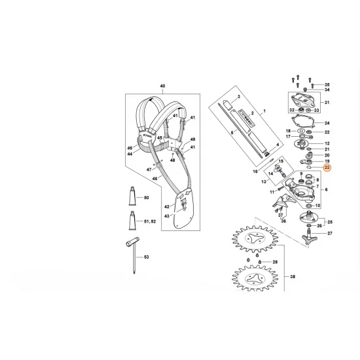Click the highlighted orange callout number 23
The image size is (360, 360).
pos(328,168)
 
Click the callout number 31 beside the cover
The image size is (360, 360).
pos(328,103)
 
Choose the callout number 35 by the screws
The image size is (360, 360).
pos(328,86)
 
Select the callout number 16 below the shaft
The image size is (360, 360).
pos(255,171)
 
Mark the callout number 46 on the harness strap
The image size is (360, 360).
pos(154,177)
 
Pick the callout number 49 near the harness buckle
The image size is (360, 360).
pos(192,140)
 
